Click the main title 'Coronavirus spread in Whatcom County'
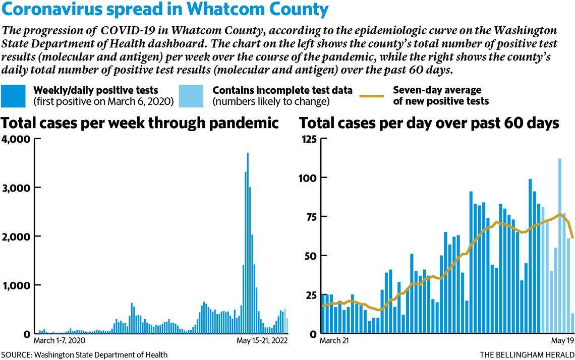[x=165, y=10]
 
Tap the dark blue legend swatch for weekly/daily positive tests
[x=15, y=96]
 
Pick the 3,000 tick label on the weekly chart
[x=16, y=188]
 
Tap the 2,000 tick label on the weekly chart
[x=16, y=236]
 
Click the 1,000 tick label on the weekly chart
[x=16, y=285]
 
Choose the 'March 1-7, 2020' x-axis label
[x=60, y=341]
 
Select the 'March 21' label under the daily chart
[x=334, y=341]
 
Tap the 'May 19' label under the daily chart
[x=564, y=341]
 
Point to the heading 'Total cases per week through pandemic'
[x=141, y=123]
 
